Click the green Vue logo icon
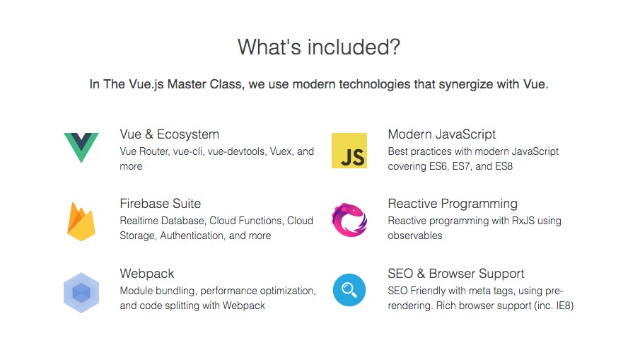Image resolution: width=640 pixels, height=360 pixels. [x=81, y=146]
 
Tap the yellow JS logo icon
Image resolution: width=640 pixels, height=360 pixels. [x=349, y=151]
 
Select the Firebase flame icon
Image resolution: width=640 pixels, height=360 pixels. [x=81, y=221]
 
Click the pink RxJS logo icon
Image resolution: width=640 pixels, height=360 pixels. [x=349, y=220]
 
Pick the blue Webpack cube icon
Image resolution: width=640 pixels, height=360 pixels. [x=81, y=291]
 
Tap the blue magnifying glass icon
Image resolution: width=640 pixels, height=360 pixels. [x=349, y=290]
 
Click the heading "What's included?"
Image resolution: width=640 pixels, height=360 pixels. [x=319, y=47]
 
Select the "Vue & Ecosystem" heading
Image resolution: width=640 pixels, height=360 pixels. [x=170, y=134]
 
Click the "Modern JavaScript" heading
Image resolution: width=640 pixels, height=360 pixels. [x=442, y=134]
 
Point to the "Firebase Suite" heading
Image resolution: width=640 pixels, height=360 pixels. [x=161, y=204]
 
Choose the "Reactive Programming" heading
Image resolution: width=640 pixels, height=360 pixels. [x=453, y=204]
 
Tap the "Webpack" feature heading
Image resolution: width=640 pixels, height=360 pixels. [x=147, y=274]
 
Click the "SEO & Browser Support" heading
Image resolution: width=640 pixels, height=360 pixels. [x=456, y=274]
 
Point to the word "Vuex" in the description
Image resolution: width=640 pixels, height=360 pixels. [x=282, y=151]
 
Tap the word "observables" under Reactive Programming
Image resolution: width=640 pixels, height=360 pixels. [x=415, y=236]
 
